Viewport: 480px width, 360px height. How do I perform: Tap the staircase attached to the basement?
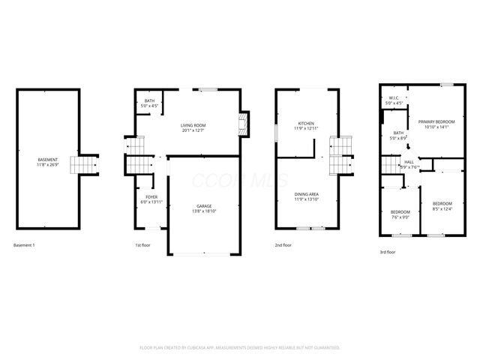pyautogui.click(x=83, y=163)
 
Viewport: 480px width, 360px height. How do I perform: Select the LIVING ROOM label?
pyautogui.click(x=193, y=125)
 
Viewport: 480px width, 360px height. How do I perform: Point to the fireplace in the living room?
pyautogui.click(x=243, y=124)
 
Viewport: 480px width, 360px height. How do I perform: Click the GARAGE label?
pyautogui.click(x=204, y=206)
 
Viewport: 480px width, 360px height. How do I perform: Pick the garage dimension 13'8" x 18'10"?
pyautogui.click(x=204, y=212)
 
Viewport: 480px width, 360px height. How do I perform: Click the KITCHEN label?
pyautogui.click(x=306, y=123)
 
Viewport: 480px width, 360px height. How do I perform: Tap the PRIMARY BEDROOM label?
pyautogui.click(x=436, y=121)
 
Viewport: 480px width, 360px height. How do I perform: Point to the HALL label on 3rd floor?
pyautogui.click(x=409, y=161)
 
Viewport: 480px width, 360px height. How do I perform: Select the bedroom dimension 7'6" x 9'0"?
pyautogui.click(x=400, y=217)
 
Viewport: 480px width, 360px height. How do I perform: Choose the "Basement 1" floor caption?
pyautogui.click(x=25, y=245)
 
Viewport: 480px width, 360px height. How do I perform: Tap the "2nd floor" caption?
pyautogui.click(x=283, y=245)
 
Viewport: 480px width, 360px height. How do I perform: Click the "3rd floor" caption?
pyautogui.click(x=388, y=252)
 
